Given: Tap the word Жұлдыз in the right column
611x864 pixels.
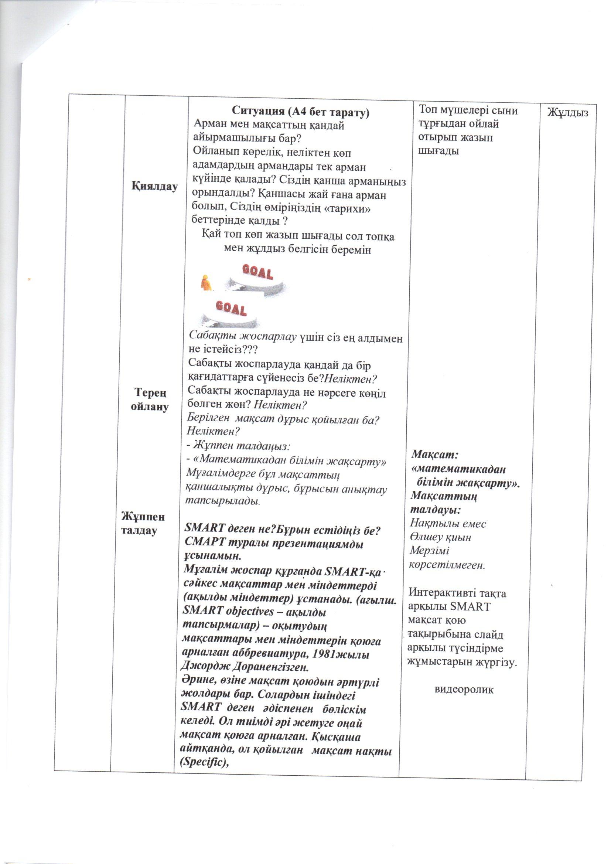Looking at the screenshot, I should pos(568,112).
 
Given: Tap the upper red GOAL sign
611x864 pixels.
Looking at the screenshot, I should pos(258,272).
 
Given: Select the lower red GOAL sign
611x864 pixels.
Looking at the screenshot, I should pos(231,309).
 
